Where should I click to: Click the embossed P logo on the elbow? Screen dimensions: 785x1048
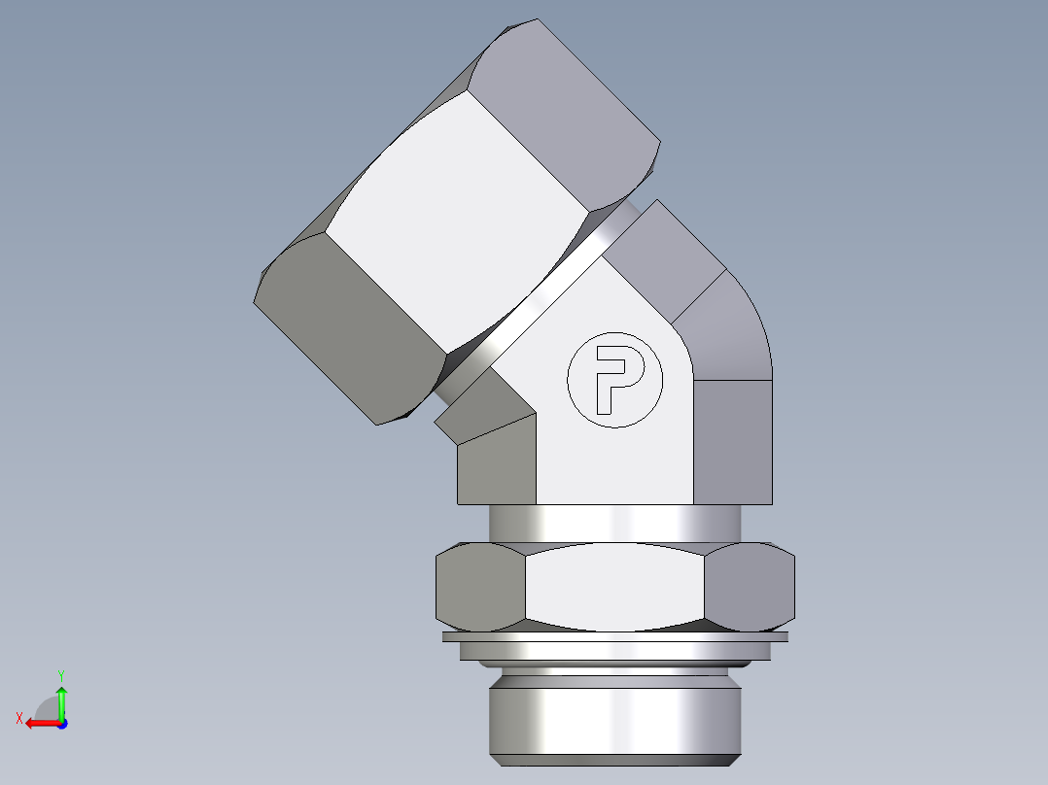click(614, 380)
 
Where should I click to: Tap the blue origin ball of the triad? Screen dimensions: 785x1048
click(61, 723)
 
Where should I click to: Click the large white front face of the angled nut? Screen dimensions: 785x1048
click(457, 228)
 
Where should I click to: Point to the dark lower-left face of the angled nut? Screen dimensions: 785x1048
click(345, 325)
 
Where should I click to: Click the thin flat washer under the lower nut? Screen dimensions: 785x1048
click(614, 637)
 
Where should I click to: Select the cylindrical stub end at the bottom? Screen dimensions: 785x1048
click(614, 714)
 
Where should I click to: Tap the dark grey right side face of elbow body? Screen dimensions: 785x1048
click(734, 442)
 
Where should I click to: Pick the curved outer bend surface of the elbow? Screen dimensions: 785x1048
click(729, 330)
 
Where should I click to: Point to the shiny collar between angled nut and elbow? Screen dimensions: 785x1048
click(544, 291)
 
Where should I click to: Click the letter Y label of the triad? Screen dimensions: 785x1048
click(60, 673)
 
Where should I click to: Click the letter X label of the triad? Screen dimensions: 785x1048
click(18, 718)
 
